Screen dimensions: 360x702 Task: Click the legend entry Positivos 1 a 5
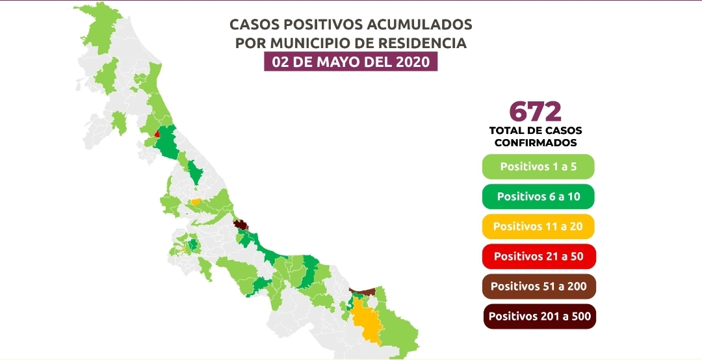pos(538,166)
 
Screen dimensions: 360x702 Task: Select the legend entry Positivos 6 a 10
pos(538,196)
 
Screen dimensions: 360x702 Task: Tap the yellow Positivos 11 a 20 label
pos(538,226)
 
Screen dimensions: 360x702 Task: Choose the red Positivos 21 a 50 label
pos(538,256)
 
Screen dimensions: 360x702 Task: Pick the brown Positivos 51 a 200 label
pos(538,286)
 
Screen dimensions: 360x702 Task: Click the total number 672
pos(536,111)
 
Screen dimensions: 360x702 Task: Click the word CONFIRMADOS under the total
pos(536,142)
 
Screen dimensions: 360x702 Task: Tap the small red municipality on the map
pos(157,133)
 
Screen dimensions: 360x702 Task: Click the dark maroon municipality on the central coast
pos(241,225)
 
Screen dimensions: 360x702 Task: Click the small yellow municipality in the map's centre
pos(195,202)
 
